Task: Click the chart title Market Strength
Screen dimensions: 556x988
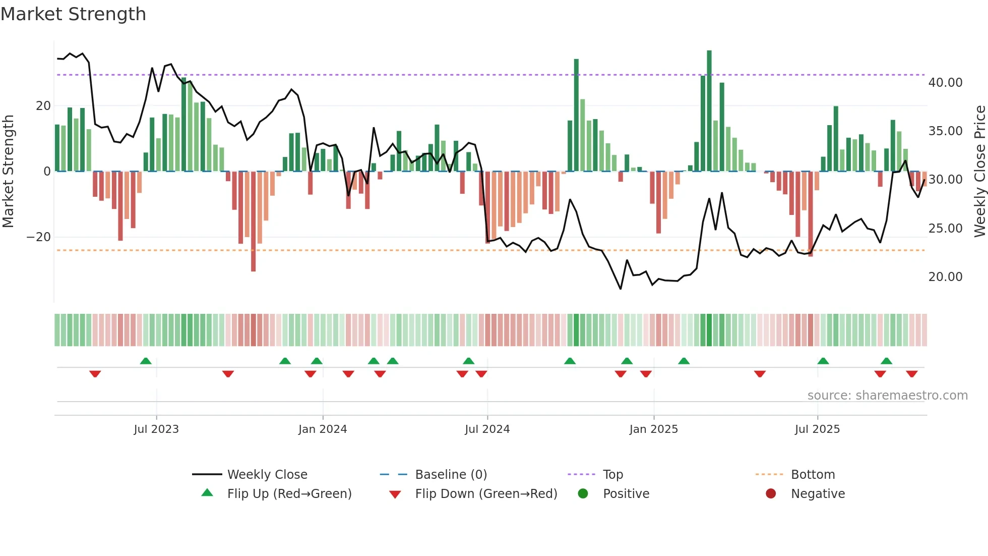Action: (x=74, y=14)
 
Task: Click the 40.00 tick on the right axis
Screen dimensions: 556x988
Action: (x=945, y=83)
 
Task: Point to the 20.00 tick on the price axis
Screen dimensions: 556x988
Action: (x=945, y=277)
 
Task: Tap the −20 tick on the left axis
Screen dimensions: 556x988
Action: (x=39, y=237)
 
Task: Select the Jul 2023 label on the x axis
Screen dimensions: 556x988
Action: (x=156, y=429)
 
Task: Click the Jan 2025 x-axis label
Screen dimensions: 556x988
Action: (x=653, y=429)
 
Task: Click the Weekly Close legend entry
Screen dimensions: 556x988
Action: (x=267, y=475)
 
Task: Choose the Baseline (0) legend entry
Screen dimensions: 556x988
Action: (x=451, y=475)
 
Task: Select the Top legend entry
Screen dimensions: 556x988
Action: (x=612, y=475)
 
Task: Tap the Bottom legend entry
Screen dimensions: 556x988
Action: (x=813, y=475)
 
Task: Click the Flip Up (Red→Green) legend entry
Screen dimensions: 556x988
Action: (x=289, y=494)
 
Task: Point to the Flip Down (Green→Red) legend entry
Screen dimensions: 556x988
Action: (x=486, y=494)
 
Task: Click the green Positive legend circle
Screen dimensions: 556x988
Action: (x=583, y=494)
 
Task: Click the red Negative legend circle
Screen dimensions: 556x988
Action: (x=771, y=494)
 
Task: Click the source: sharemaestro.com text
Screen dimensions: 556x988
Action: (x=887, y=396)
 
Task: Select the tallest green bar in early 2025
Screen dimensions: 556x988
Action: (x=709, y=111)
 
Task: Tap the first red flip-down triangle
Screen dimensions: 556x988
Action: (x=95, y=374)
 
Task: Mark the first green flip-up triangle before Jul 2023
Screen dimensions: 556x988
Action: (x=146, y=361)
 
